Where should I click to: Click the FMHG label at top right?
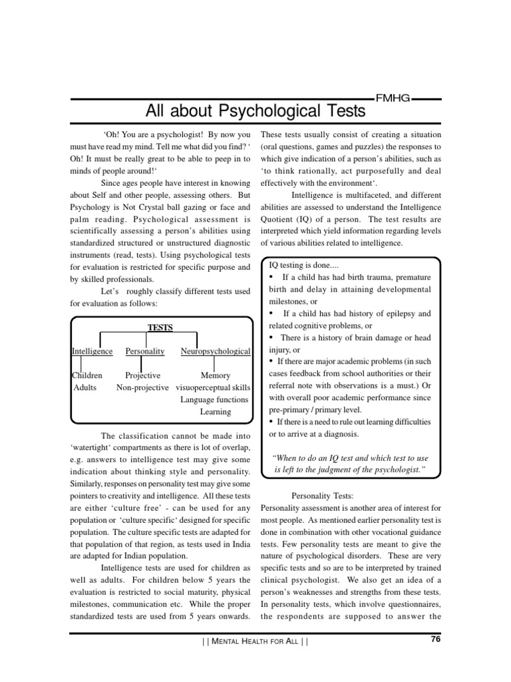point(393,98)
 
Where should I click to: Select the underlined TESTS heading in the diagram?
point(160,327)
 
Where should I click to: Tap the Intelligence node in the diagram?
point(92,351)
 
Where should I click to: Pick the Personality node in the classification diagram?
point(145,351)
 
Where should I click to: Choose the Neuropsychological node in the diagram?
point(215,351)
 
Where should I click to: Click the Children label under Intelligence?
point(87,376)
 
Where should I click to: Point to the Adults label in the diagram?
point(85,388)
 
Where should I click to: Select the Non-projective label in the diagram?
point(142,388)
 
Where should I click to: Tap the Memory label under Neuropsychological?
point(215,376)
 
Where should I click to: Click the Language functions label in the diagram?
point(214,400)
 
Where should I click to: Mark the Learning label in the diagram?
point(216,412)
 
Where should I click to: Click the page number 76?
point(436,640)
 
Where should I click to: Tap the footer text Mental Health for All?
point(255,643)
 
